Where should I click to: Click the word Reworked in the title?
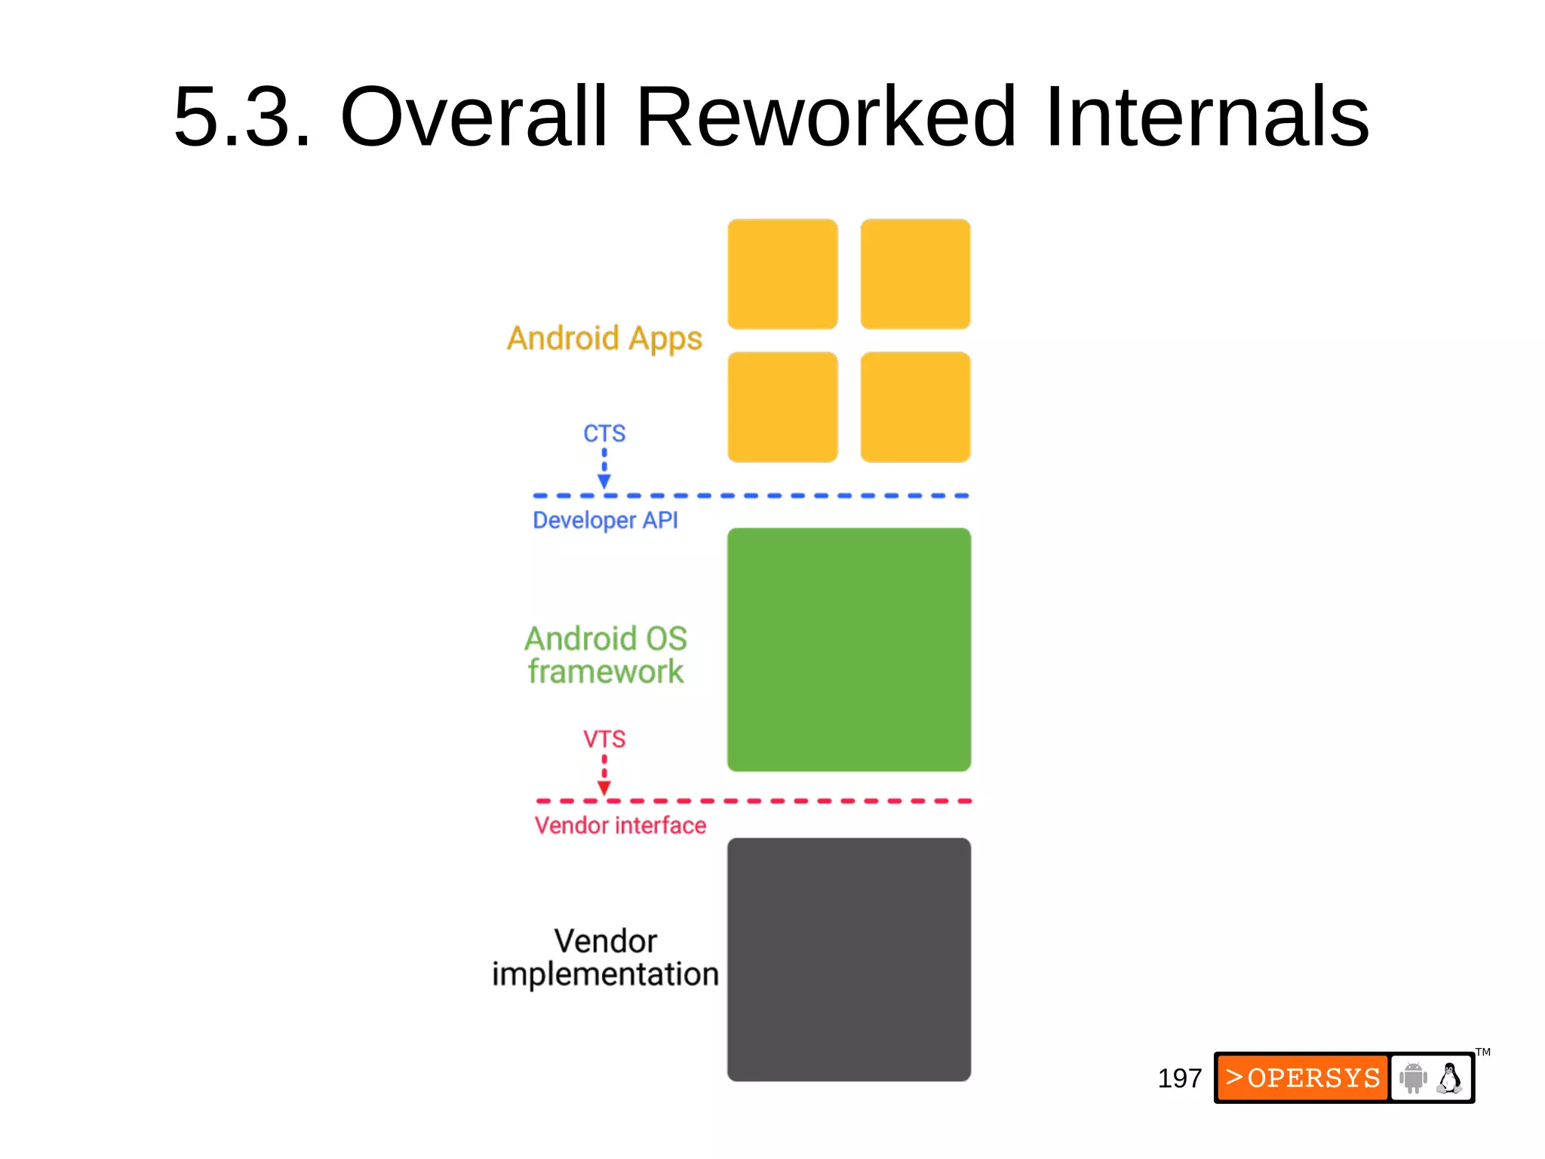tap(825, 118)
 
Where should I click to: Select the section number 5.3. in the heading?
tap(241, 118)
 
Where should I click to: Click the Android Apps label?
tap(604, 339)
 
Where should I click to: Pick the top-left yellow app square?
tap(782, 274)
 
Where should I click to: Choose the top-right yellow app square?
tap(915, 274)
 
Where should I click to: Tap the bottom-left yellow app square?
tap(782, 407)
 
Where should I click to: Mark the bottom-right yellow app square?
tap(915, 407)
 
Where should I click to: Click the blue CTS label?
tap(604, 434)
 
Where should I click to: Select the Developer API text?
tap(605, 520)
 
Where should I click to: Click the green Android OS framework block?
tap(849, 650)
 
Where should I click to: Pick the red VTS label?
tap(604, 739)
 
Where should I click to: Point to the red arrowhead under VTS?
tap(604, 788)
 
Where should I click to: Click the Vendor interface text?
tap(620, 825)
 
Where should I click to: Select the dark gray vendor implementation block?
tap(849, 959)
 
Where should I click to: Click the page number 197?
tap(1179, 1078)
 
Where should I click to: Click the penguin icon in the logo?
tap(1449, 1078)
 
